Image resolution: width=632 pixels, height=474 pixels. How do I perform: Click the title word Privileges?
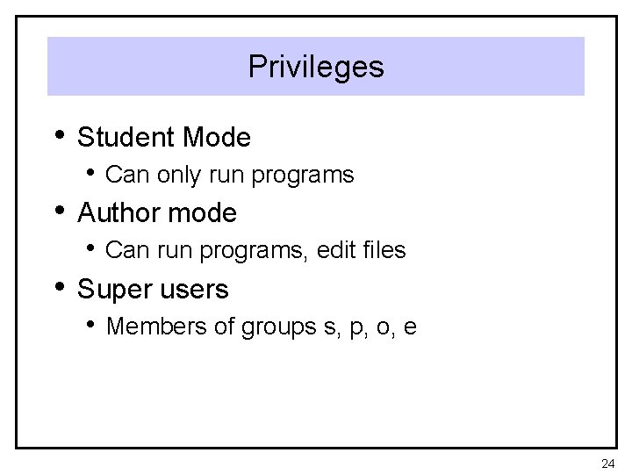(316, 67)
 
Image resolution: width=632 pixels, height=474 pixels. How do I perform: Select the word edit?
(336, 251)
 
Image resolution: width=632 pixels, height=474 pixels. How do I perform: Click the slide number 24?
(608, 463)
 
